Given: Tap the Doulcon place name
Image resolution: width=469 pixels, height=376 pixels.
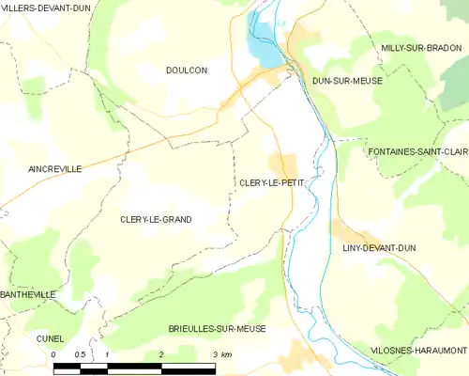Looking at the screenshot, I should tap(186, 70).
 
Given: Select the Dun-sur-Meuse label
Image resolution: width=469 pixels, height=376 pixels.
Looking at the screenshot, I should tap(347, 81).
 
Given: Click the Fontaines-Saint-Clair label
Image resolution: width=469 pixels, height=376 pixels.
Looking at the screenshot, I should tap(417, 151).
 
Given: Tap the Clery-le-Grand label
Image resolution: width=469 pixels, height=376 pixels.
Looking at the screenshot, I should tap(156, 219).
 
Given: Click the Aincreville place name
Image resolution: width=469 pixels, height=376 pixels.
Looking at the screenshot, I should tap(41, 169).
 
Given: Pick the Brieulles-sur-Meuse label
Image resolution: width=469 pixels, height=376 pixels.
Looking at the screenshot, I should tap(218, 329).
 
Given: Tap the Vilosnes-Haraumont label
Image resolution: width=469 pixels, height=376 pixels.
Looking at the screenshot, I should tap(419, 350).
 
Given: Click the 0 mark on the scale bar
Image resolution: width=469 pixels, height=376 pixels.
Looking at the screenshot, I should tap(54, 354).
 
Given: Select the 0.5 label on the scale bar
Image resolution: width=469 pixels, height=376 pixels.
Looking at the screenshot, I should tap(80, 354).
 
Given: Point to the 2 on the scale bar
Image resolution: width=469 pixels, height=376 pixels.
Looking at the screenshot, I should tap(161, 354).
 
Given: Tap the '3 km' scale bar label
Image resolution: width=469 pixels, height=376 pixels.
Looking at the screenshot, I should tap(221, 354).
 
